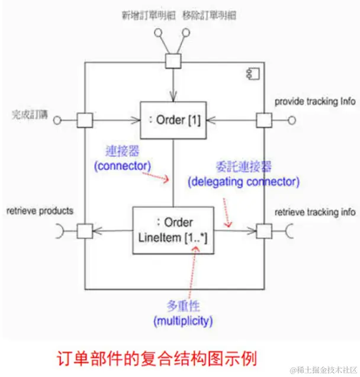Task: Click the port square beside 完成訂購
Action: coord(85,120)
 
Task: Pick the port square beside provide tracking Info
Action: coord(263,120)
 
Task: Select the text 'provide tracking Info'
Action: coord(315,101)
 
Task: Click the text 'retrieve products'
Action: coord(40,210)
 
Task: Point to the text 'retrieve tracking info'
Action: coord(315,211)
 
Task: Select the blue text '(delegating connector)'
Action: coord(243,181)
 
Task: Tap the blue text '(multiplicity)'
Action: coord(182,321)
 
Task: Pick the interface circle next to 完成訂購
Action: coord(57,121)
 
